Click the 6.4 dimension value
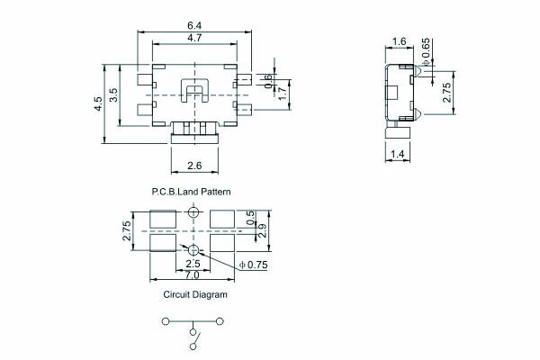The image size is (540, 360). (x=194, y=25)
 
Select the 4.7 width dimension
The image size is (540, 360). (x=194, y=38)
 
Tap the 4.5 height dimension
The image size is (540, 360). (x=98, y=103)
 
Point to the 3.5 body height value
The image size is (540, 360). (x=113, y=95)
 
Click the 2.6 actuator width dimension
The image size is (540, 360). (x=194, y=166)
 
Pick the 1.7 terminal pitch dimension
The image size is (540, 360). (x=282, y=94)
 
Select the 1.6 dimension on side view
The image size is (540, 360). (x=399, y=41)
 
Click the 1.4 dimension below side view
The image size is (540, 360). (x=398, y=154)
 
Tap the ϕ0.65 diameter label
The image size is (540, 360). (x=426, y=52)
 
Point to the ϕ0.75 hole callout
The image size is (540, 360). (x=253, y=265)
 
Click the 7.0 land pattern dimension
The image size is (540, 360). (x=193, y=275)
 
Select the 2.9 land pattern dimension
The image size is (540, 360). (x=262, y=230)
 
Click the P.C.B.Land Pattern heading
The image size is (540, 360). (x=191, y=192)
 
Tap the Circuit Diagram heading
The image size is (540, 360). (x=195, y=294)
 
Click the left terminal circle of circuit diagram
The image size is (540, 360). (x=166, y=321)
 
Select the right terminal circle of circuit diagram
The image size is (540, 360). (x=220, y=321)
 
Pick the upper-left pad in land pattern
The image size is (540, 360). (x=163, y=219)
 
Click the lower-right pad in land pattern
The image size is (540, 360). (x=222, y=242)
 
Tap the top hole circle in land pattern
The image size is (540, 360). (x=193, y=212)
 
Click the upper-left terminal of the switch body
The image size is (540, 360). (x=144, y=80)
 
